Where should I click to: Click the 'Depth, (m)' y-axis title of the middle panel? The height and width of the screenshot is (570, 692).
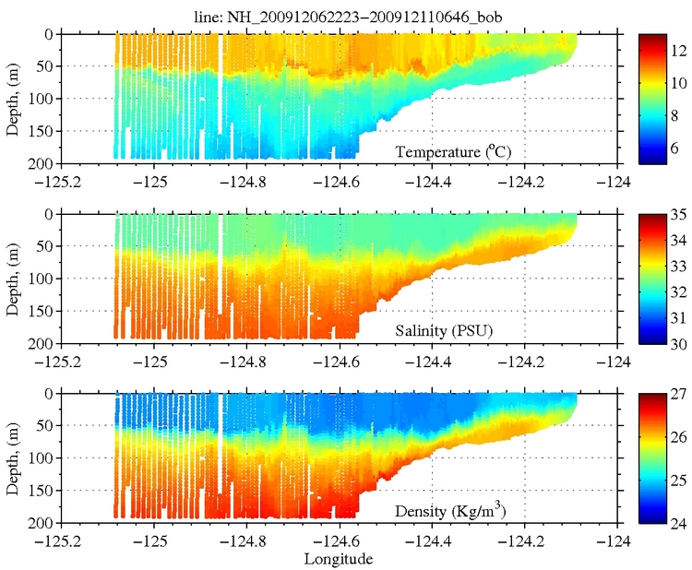click(x=14, y=279)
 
